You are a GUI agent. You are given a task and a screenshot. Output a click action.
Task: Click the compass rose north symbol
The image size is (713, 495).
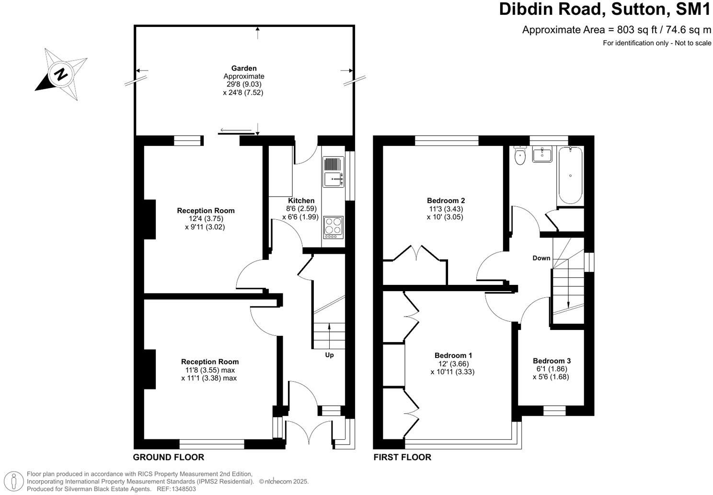(61, 74)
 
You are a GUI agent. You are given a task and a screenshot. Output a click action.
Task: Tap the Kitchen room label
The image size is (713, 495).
(301, 200)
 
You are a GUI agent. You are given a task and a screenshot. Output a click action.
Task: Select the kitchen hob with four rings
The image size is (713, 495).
(333, 227)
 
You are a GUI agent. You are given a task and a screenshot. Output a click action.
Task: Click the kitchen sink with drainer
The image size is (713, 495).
(333, 172)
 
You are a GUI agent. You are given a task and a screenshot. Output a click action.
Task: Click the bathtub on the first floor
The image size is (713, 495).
(570, 176)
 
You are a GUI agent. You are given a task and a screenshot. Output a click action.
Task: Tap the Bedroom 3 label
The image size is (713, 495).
(552, 361)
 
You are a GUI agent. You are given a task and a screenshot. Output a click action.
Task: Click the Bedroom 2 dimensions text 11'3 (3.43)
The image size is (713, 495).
(446, 209)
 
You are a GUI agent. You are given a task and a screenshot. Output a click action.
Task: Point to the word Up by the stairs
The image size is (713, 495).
(329, 355)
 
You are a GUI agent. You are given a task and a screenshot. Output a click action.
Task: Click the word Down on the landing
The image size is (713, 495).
(541, 258)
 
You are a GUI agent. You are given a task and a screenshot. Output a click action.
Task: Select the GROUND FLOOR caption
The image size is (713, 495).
(168, 457)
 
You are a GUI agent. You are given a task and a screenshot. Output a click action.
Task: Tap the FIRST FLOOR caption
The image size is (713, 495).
(402, 457)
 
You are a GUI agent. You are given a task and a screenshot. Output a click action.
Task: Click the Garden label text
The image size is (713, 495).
(244, 69)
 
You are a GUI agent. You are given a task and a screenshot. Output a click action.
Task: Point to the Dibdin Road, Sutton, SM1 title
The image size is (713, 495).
(605, 9)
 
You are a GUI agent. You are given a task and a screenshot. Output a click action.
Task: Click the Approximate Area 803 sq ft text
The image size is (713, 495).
(616, 30)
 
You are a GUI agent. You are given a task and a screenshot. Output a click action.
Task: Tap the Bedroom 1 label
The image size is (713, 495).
(453, 355)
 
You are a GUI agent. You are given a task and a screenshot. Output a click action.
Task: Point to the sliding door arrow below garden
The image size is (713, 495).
(236, 130)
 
